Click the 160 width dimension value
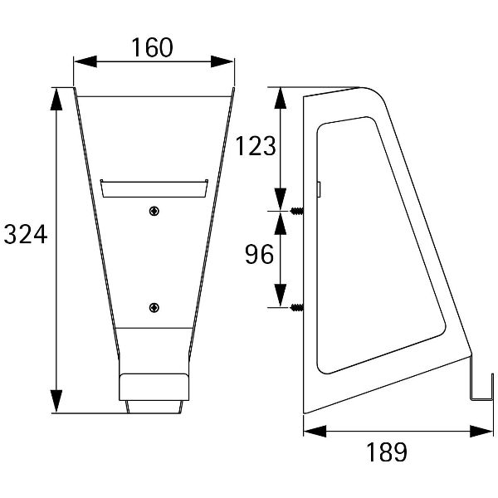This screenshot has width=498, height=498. tap(152, 47)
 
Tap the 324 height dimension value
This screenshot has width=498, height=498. tap(26, 234)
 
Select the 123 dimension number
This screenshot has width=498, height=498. tap(256, 146)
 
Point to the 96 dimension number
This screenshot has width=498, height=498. tap(259, 254)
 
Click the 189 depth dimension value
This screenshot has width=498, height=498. tap(387, 452)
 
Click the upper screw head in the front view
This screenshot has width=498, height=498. tap(154, 211)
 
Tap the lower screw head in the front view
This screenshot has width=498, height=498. tap(154, 307)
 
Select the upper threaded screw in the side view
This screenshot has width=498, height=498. tap(296, 211)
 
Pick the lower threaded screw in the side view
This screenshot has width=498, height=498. tap(296, 307)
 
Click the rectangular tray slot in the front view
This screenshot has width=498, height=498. tap(154, 188)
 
